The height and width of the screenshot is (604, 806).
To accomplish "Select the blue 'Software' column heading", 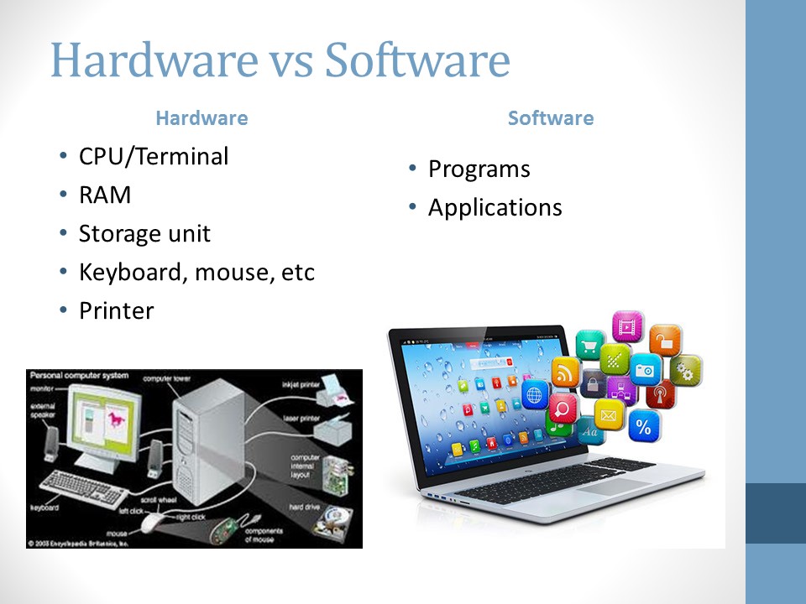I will [x=550, y=118].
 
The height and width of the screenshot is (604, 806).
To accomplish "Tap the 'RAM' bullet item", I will [x=105, y=195].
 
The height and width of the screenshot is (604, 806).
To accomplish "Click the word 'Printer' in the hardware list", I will [x=116, y=310].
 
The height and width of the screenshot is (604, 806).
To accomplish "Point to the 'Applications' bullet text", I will [x=495, y=207].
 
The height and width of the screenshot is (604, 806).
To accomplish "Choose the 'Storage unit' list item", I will [x=144, y=233].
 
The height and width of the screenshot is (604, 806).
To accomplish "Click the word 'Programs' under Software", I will [x=479, y=169].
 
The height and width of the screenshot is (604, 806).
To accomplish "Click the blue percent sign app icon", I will [x=643, y=427].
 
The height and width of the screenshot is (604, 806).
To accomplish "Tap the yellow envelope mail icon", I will [x=610, y=414].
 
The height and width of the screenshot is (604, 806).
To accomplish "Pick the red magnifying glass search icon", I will [x=563, y=409].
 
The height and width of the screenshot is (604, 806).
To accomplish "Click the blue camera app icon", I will [x=646, y=368].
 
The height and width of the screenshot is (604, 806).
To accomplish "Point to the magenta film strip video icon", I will [x=626, y=326].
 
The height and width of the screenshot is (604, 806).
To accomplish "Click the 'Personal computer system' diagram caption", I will [x=77, y=376].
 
